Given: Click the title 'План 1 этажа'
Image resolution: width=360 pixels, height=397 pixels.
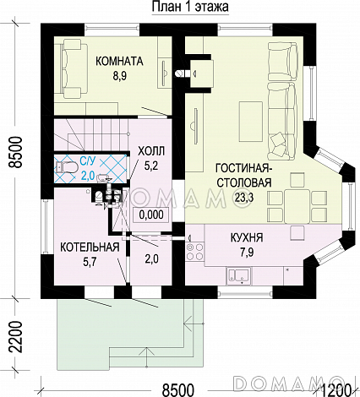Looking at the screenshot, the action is coord(190,7).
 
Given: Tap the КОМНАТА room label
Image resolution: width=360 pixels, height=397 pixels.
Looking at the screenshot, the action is coord(119,61).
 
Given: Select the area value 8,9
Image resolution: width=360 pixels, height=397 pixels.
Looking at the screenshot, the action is coord(119,76).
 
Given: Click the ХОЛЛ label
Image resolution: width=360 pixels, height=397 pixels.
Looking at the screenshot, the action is coord(151,151).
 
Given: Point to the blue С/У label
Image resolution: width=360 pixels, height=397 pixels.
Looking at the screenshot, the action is coord(88,161).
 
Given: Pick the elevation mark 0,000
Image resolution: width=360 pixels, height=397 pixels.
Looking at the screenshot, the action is coord(151,215).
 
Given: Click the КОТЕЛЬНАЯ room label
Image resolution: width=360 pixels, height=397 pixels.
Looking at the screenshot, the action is coord(90,247).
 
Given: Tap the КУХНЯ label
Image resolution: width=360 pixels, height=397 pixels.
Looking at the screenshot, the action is coord(247,237).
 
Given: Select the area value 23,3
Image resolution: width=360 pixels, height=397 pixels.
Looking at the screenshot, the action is coord(244,198).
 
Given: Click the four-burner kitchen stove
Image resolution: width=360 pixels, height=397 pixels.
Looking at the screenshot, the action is coord(195,252).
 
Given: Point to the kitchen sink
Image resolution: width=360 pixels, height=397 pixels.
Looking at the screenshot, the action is coord(239,275).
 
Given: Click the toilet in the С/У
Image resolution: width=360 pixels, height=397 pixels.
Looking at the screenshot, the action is coord(67,167).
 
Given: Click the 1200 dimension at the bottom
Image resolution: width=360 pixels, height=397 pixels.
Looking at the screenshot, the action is coord(336,390).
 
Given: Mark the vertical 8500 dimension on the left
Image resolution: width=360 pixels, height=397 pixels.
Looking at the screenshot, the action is coord(15,152).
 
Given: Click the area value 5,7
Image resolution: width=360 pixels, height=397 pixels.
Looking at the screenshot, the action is coord(90,262).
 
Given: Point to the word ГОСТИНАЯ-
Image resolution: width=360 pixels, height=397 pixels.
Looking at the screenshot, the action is coord(243,168).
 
